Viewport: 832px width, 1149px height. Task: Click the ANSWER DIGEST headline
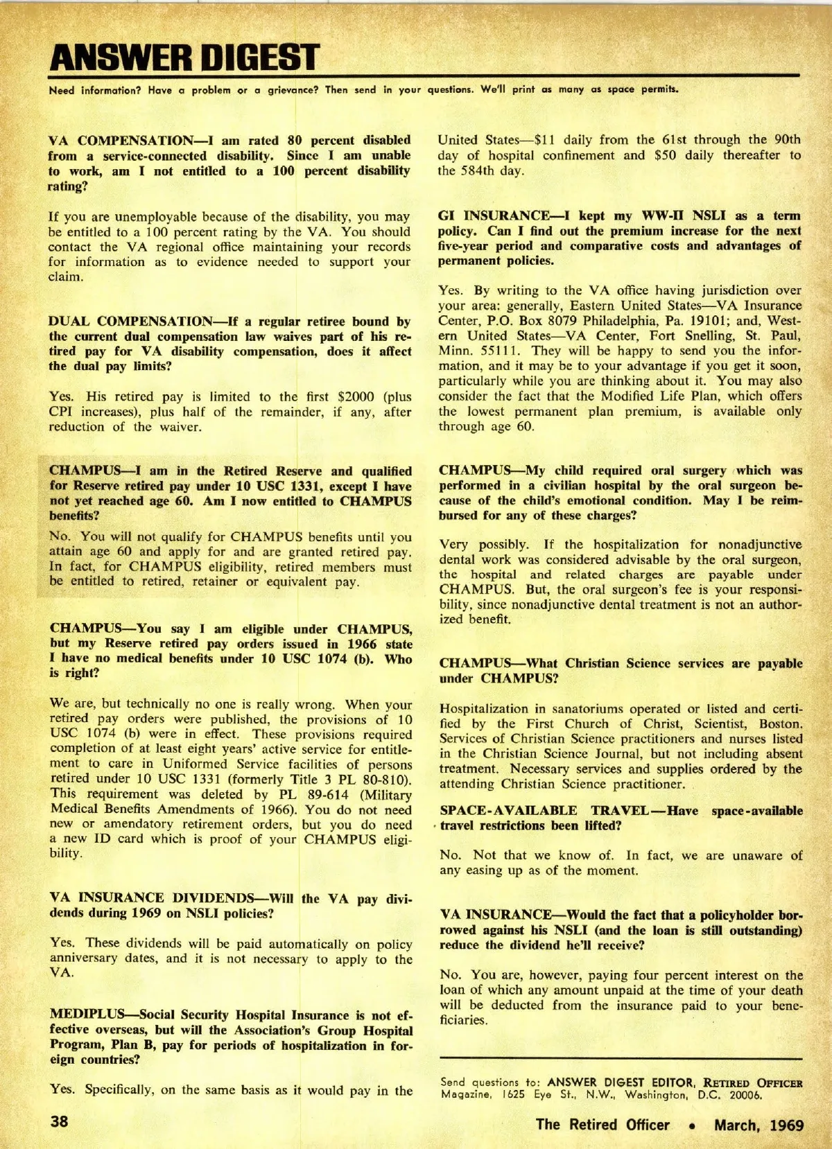pyautogui.click(x=184, y=57)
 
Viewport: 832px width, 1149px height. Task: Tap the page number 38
pyautogui.click(x=60, y=1121)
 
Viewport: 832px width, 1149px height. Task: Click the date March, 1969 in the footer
pyautogui.click(x=759, y=1124)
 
